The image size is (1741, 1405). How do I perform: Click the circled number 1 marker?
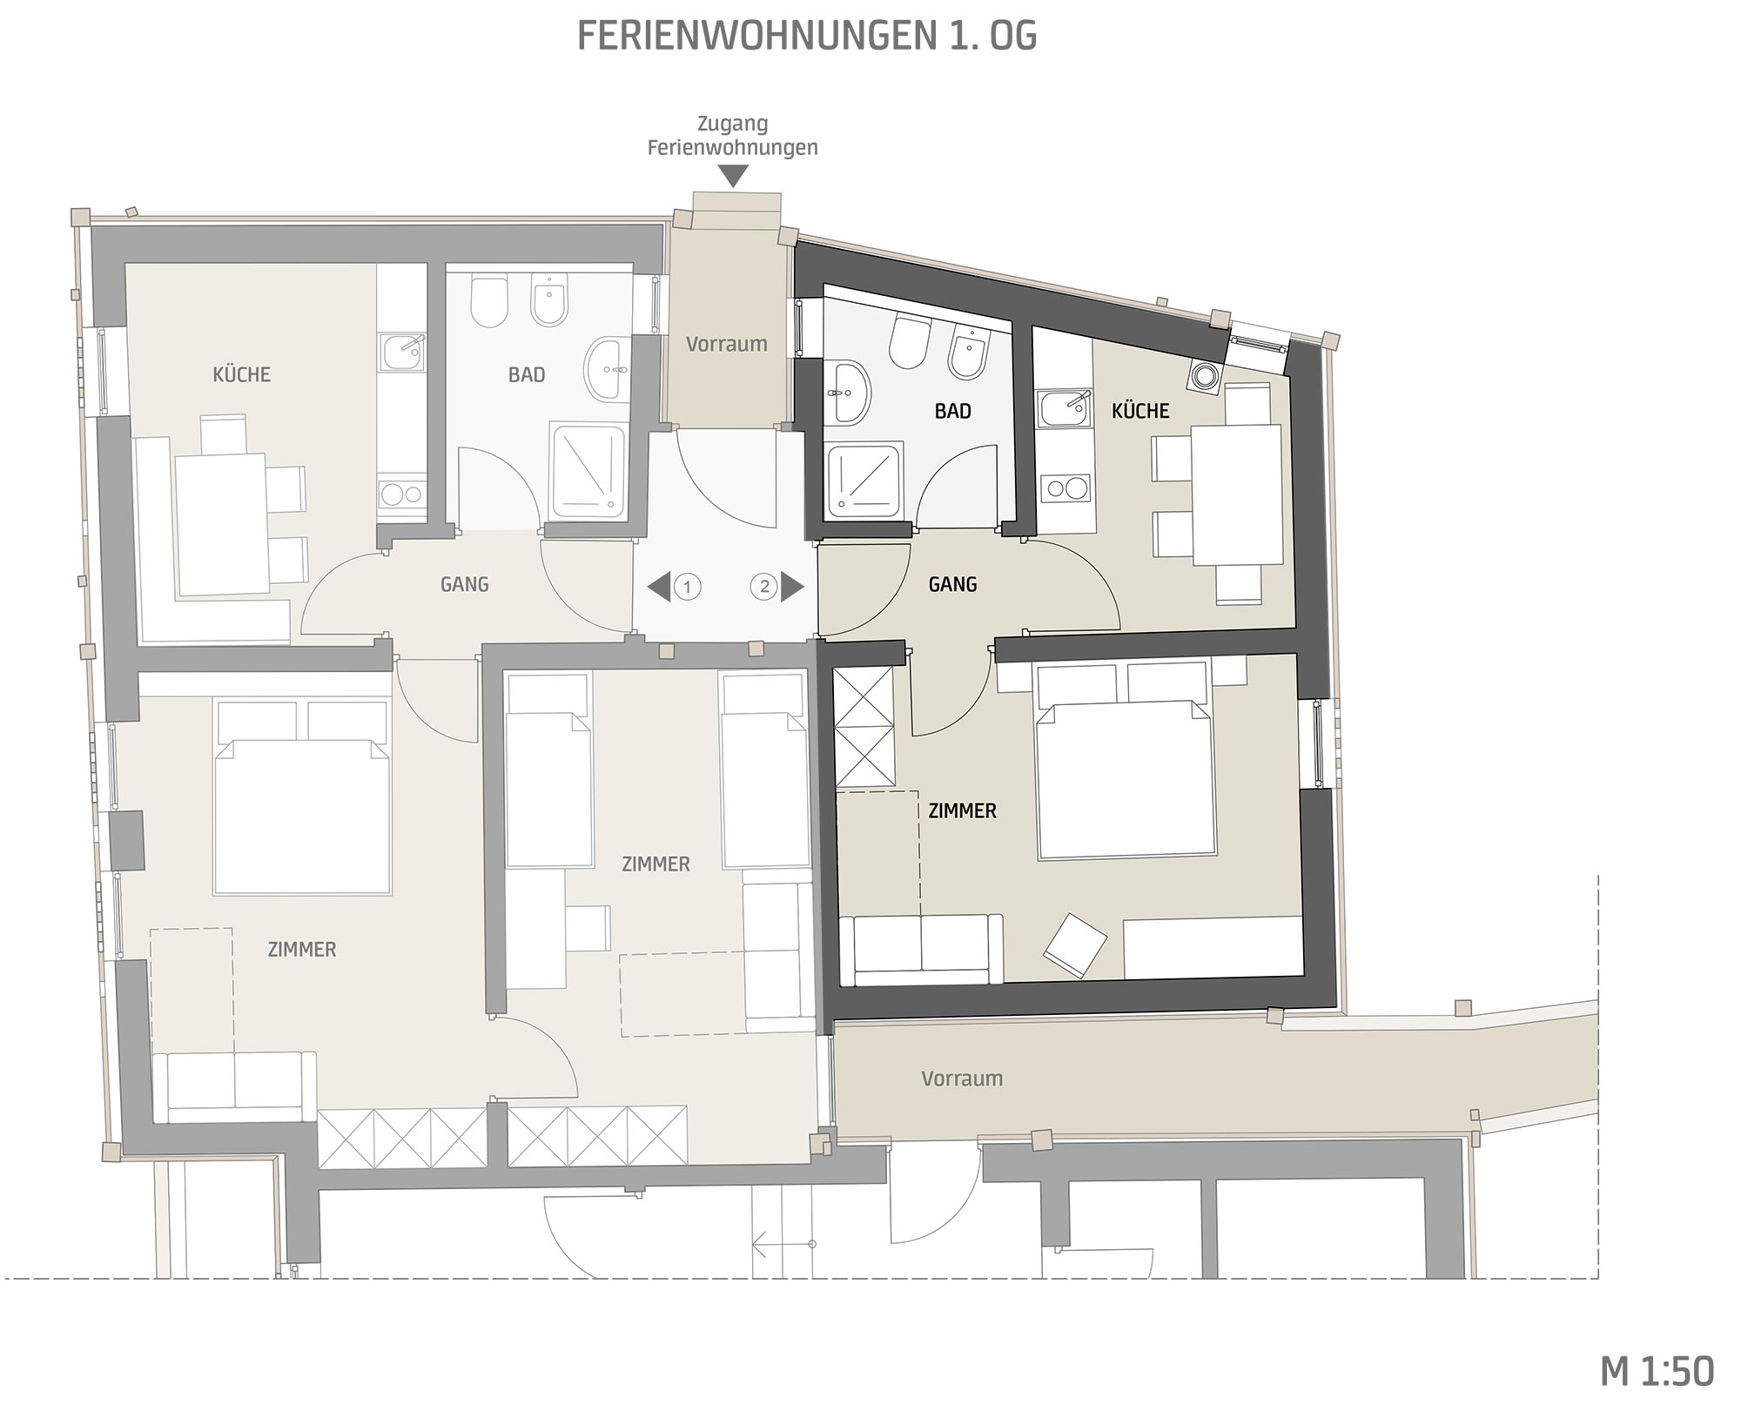(687, 587)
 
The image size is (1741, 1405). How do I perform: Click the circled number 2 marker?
(764, 587)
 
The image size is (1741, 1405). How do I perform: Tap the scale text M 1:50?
(1657, 1371)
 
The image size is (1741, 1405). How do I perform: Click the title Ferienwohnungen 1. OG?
(807, 36)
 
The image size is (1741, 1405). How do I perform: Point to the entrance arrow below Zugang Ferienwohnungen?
(734, 177)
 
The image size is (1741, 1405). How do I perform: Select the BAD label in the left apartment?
(527, 375)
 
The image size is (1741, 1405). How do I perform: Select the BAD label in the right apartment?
(952, 411)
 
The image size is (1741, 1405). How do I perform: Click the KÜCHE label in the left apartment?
(242, 374)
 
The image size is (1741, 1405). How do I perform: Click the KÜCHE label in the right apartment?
(1140, 410)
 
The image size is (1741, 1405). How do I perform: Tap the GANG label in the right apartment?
(952, 584)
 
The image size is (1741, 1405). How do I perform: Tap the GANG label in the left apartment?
(464, 584)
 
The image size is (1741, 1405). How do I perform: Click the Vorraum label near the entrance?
(726, 344)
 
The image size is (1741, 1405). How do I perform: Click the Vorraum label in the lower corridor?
(962, 1079)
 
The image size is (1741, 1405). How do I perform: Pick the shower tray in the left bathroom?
(588, 470)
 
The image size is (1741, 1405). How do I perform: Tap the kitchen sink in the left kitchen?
(402, 352)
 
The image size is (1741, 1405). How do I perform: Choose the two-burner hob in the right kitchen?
(1067, 487)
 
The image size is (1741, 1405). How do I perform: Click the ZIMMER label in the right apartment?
(962, 811)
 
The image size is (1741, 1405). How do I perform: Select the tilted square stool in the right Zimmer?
(1075, 942)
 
